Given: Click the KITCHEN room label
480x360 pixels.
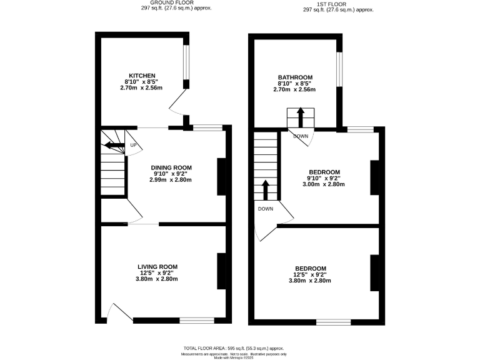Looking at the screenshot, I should pyautogui.click(x=142, y=76).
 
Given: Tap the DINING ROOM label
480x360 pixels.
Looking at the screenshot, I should pyautogui.click(x=170, y=167).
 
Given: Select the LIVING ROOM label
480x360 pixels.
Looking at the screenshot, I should pyautogui.click(x=157, y=266).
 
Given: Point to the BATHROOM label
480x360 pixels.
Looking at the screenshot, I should pyautogui.click(x=294, y=77).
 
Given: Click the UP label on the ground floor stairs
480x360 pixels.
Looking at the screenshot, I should pyautogui.click(x=133, y=146).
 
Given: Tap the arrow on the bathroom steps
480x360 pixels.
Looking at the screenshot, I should pyautogui.click(x=300, y=117).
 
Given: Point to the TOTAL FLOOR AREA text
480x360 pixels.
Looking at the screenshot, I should pyautogui.click(x=234, y=348).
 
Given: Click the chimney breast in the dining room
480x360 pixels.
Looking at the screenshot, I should pyautogui.click(x=221, y=177).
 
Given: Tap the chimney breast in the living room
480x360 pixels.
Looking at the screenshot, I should pyautogui.click(x=221, y=272).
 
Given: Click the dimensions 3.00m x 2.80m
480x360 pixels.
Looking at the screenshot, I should pyautogui.click(x=324, y=184).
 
